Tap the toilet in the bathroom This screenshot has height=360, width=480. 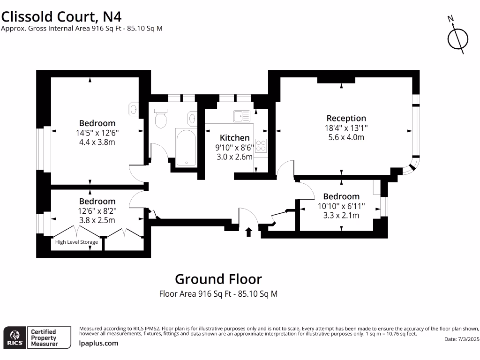tap(161, 120)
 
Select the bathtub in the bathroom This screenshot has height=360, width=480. tap(187, 147)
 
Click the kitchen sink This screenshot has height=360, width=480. tap(242, 116)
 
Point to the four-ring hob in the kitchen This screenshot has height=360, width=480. tap(261, 146)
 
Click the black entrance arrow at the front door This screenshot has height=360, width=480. tap(248, 231)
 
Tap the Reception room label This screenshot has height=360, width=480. tap(346, 118)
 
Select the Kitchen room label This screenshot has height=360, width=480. tap(235, 137)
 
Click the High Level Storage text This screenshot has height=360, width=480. tap(76, 242)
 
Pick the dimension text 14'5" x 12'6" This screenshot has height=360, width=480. tap(97, 133)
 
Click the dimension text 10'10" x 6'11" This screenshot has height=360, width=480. tap(341, 206)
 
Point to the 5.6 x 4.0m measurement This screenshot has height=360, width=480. tap(346, 137)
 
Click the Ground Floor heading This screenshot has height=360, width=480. tap(218, 279)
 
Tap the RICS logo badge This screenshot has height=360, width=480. tap(14, 337)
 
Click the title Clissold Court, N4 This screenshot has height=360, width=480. tap(61, 16)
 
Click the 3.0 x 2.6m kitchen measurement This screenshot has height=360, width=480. tap(235, 157)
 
